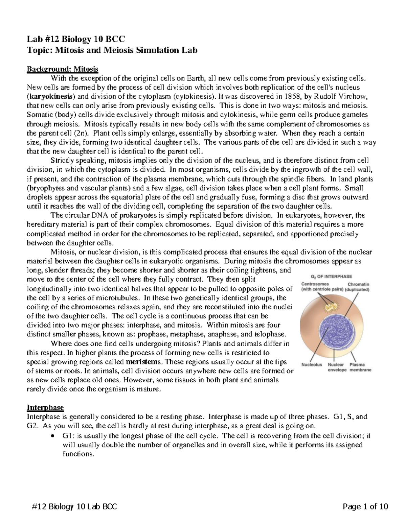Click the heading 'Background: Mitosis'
click(62, 69)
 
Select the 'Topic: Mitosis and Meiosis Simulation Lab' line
click(112, 50)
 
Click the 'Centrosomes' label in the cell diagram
click(315, 284)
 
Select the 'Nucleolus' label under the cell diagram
click(312, 365)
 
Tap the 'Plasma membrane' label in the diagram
click(360, 367)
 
